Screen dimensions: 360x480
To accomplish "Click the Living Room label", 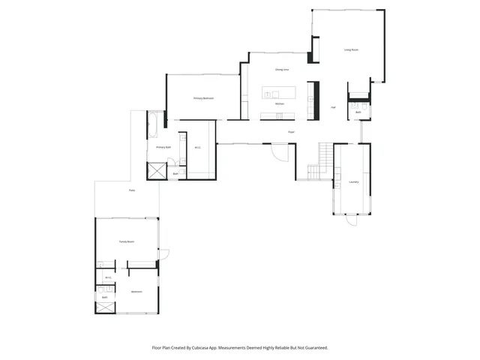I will coord(351,50).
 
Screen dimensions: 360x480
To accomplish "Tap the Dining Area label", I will coord(282,70).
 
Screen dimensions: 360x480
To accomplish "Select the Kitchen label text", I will coord(278,103).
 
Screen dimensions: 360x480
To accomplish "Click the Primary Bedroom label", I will coord(203,98).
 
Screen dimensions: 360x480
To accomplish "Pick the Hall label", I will coord(333,107).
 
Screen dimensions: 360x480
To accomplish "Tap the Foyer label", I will coord(291,132).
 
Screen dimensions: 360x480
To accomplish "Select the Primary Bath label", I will coord(163,148).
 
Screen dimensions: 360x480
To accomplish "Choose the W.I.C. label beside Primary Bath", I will coord(197,148).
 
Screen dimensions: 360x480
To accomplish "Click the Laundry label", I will coord(353,181).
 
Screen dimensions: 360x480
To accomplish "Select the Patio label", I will coord(131,190).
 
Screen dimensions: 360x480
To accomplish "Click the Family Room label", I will coord(126,241).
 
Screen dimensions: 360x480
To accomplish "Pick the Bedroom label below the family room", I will coord(136,291).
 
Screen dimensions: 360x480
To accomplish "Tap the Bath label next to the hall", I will coord(358,112).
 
